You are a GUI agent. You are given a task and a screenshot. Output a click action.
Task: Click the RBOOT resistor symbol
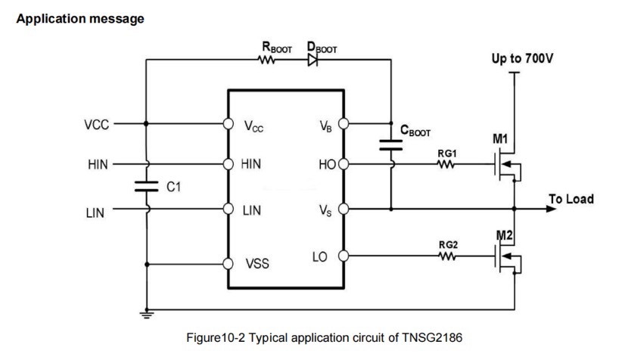coord(266,62)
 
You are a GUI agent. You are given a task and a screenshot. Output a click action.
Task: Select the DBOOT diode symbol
coord(312,62)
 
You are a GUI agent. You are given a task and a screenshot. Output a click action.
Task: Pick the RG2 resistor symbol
coord(446,256)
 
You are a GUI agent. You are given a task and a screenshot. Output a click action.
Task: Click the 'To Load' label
coord(570,200)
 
